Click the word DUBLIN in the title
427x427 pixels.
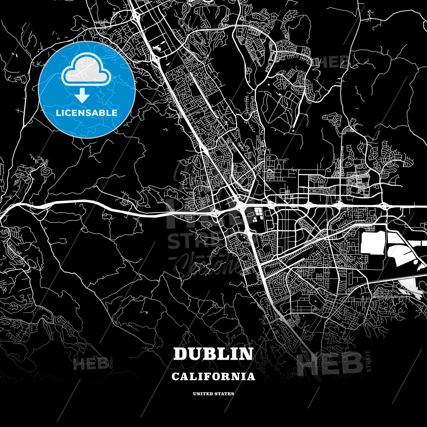(213, 354)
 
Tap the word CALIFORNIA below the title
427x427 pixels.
(213, 376)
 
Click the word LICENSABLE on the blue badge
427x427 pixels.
(87, 113)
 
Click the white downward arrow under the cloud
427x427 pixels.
(82, 96)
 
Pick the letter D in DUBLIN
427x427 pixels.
(180, 354)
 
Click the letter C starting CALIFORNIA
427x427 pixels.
(175, 377)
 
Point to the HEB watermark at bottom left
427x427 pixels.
(90, 364)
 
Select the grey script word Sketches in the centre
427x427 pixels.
(208, 265)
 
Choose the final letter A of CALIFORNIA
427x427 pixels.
(251, 377)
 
